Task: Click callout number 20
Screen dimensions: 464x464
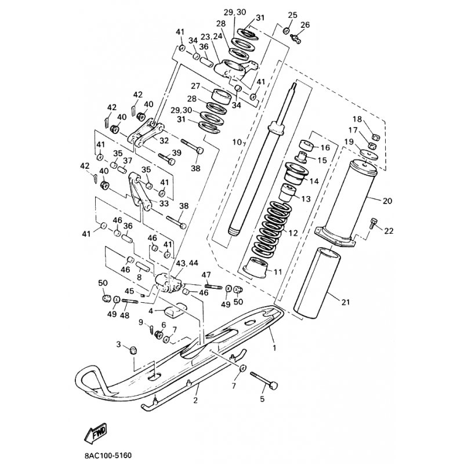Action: pos(387,201)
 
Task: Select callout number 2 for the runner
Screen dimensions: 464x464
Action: pos(195,400)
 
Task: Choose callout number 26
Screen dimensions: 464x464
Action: pos(306,25)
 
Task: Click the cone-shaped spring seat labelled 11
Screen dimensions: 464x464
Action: pos(256,269)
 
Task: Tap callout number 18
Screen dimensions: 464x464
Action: pos(372,119)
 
